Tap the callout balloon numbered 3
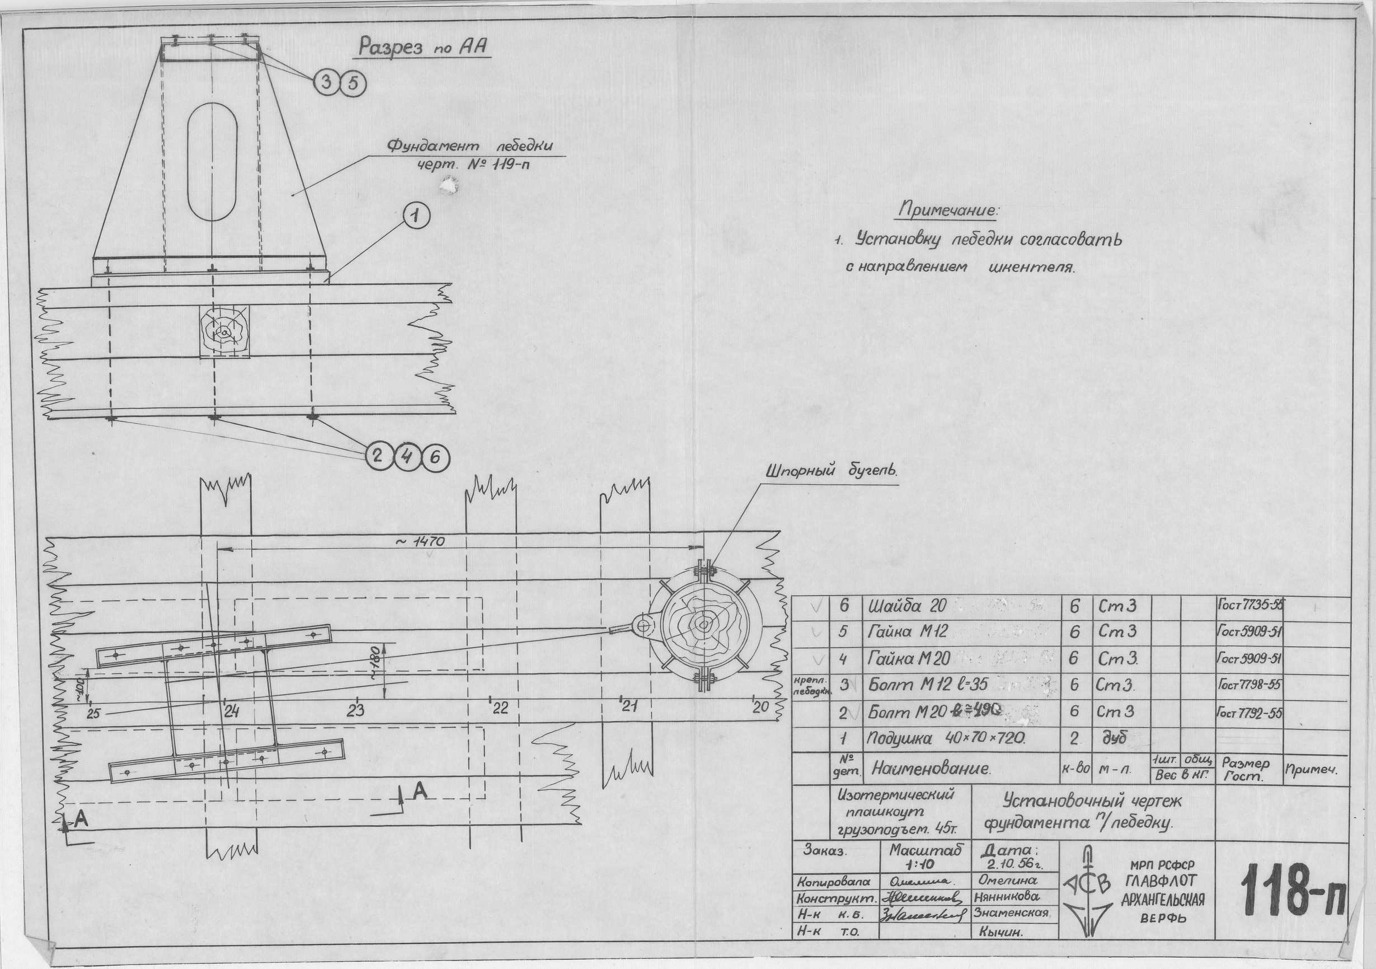[327, 84]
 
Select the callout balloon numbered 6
[435, 457]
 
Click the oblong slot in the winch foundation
[212, 169]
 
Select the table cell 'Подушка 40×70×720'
[946, 739]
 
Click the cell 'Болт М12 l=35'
[927, 685]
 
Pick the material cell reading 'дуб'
[1114, 739]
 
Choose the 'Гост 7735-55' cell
[1249, 605]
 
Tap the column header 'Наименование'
[931, 768]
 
